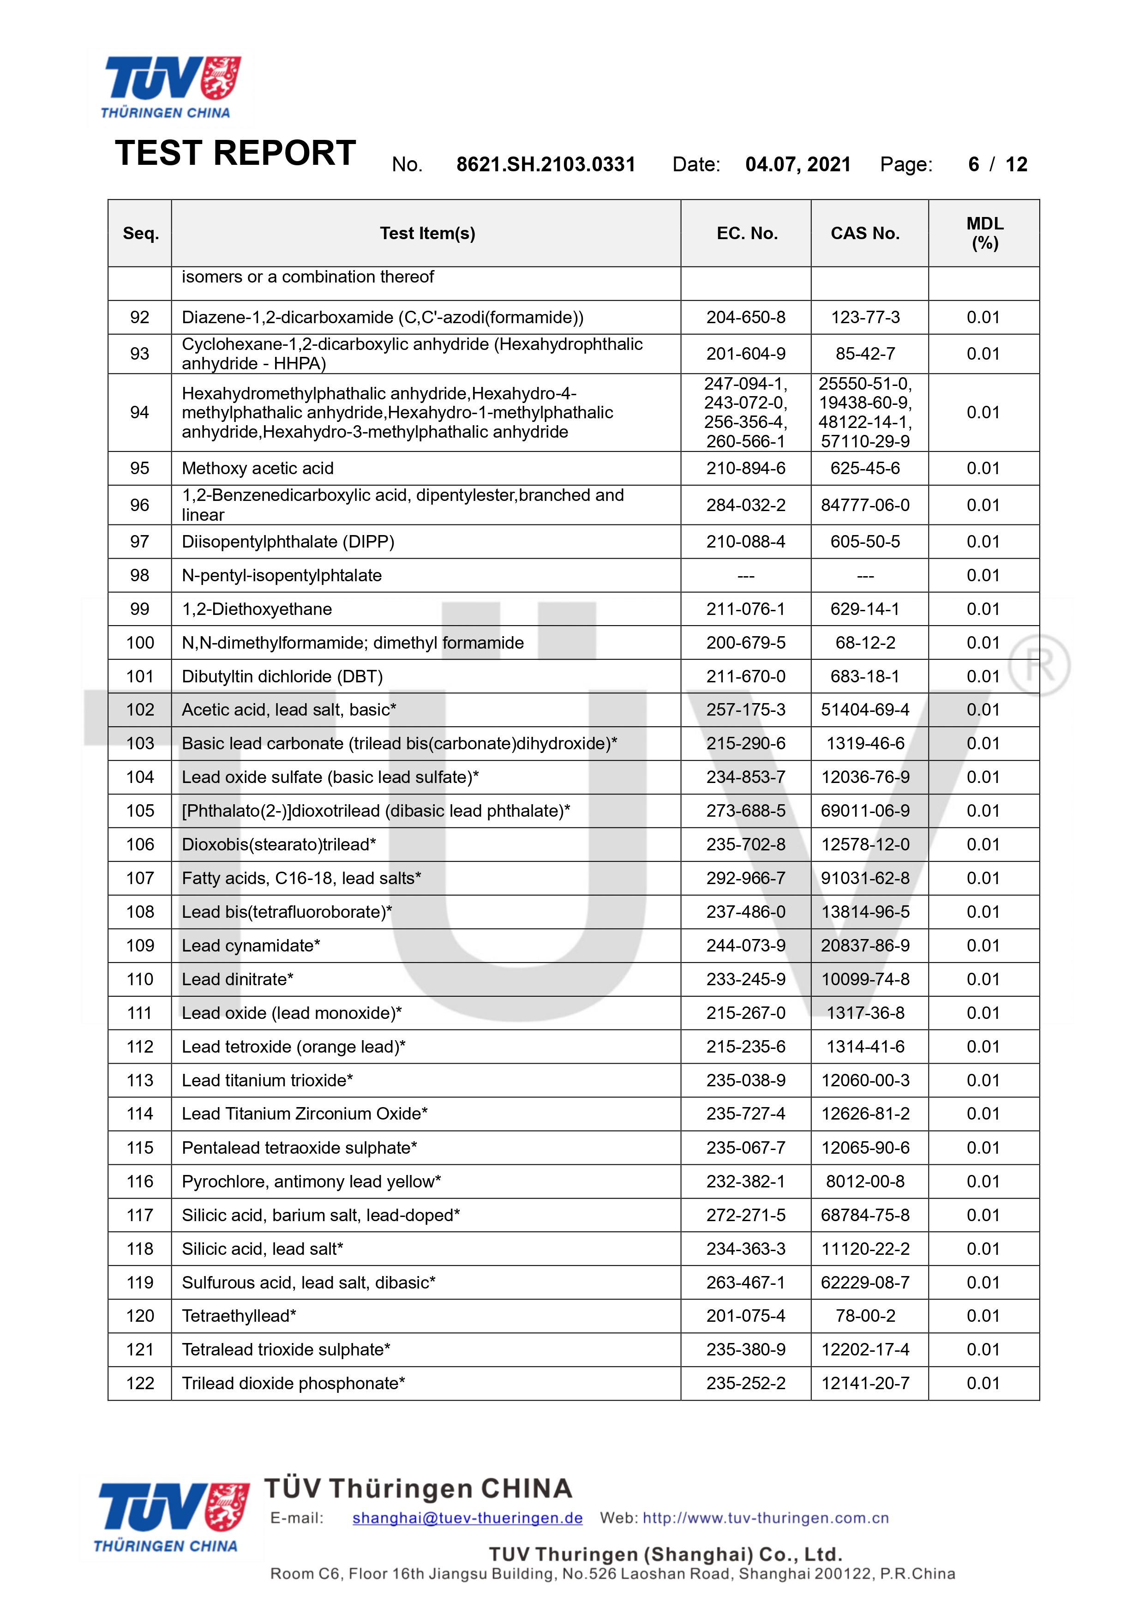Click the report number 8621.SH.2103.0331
tap(546, 164)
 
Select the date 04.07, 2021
tap(797, 164)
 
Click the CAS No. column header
tap(865, 234)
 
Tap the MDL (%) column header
tap(984, 234)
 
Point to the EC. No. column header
tap(746, 234)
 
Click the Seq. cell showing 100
tap(140, 643)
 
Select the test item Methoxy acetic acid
tap(258, 469)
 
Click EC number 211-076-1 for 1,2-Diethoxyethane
tap(746, 609)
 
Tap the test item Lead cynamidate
tap(251, 946)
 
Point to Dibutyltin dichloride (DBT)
tap(282, 677)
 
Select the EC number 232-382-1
tap(746, 1182)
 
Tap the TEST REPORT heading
tap(235, 153)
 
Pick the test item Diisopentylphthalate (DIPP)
tap(288, 542)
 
